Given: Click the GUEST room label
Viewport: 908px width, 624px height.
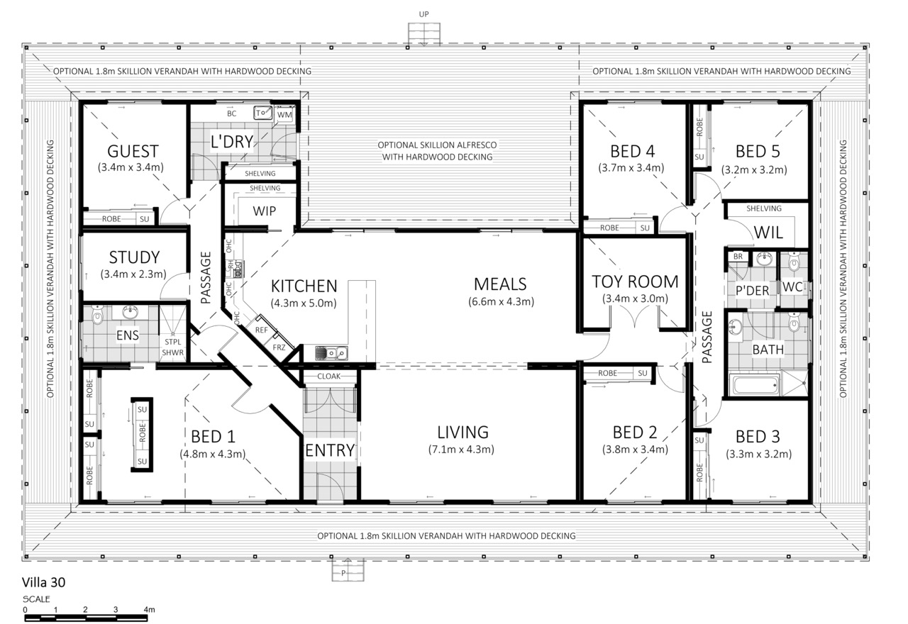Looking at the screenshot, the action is pos(133,151).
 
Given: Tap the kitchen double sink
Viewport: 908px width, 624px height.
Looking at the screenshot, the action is pos(331,353).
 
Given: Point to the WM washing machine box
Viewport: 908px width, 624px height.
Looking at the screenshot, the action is pos(284,115).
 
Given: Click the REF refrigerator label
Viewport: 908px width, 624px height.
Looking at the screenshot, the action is pos(262,330).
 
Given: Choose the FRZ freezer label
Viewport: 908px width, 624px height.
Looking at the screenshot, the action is pos(279,347).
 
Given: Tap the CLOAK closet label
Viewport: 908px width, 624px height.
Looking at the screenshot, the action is pos(328,377).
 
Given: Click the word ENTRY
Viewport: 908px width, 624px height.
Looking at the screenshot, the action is pos(330,450).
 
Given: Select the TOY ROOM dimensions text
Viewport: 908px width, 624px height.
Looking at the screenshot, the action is pos(635,299).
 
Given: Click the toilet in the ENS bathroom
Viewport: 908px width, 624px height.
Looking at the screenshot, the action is pos(97,315).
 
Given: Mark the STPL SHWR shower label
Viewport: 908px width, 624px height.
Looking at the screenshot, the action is pos(172,347).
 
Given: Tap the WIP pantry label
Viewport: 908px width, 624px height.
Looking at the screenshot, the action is pos(265,211).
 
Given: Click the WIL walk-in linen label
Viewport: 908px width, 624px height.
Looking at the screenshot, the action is pos(768,233).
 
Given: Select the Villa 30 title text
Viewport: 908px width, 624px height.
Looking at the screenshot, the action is pos(43,582).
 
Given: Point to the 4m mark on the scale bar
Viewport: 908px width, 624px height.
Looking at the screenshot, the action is pos(149,609).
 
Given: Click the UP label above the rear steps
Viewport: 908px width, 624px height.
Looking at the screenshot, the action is pos(423,14).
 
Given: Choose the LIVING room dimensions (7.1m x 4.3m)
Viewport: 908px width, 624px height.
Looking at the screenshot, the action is pos(461,450).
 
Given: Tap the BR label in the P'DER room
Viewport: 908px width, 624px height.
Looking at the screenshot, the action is pos(738,257).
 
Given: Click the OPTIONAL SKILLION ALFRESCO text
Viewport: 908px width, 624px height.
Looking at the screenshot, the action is pos(437,145).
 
